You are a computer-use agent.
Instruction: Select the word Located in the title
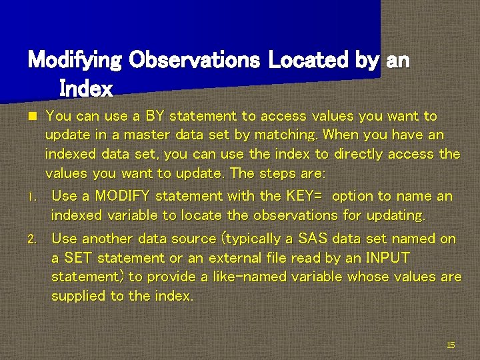click(309, 61)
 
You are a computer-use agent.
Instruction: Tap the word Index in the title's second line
click(86, 87)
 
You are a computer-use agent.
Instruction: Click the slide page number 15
click(451, 345)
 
